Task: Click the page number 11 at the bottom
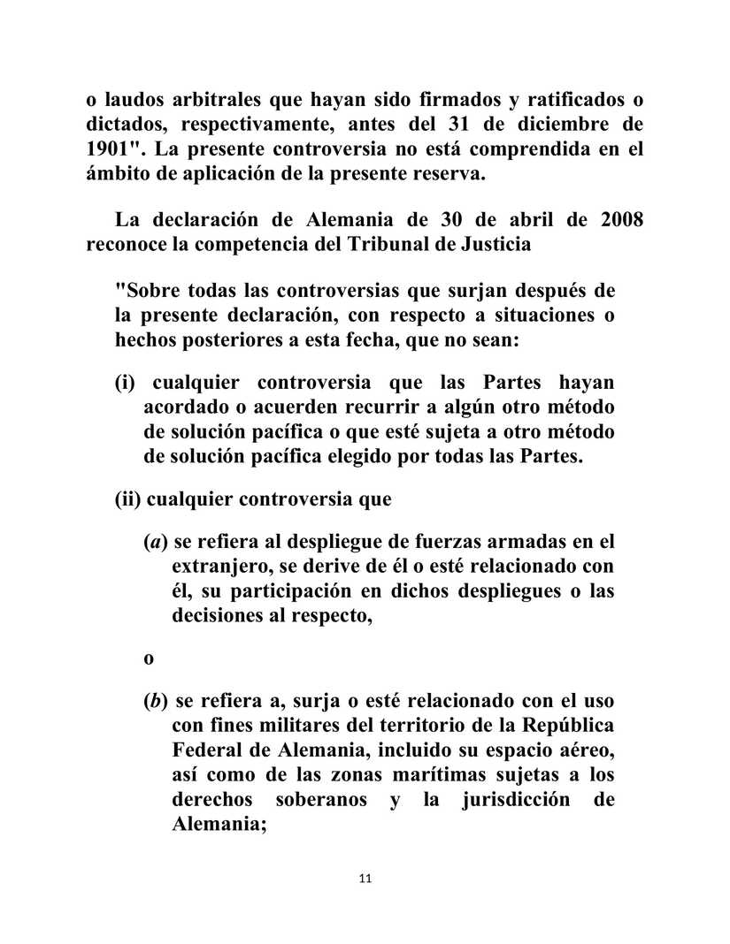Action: [365, 879]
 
